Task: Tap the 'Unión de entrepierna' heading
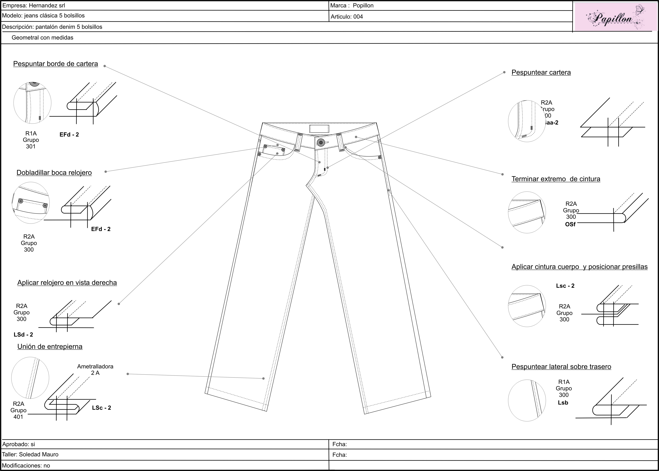point(50,347)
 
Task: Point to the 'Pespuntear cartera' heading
point(541,72)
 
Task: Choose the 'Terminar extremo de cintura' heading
point(556,179)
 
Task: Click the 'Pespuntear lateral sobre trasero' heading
point(561,367)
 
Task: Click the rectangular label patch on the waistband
point(319,128)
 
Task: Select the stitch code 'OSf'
point(570,224)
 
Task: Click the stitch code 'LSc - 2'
point(102,408)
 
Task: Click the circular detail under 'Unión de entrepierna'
point(30,378)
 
